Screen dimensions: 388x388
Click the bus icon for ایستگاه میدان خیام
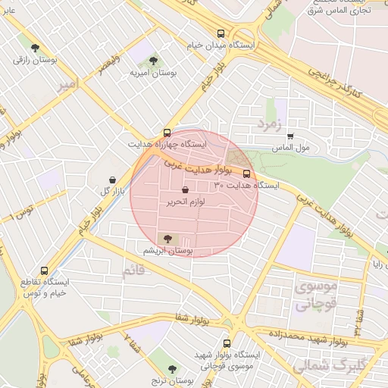tap(221, 33)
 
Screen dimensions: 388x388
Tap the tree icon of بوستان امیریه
tap(154, 59)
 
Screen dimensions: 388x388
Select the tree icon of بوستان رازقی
tap(35, 47)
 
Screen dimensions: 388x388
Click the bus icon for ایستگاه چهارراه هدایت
tap(167, 132)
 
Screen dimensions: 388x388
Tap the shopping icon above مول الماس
tap(290, 136)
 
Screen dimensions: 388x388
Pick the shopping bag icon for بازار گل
tap(113, 180)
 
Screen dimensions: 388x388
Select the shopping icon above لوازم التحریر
tap(186, 191)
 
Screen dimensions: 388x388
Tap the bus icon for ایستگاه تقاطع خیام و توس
tap(43, 270)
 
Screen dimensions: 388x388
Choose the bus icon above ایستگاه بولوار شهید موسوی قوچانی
tap(227, 343)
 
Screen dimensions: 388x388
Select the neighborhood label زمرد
tap(269, 122)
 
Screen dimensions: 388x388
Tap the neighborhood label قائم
tap(132, 268)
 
